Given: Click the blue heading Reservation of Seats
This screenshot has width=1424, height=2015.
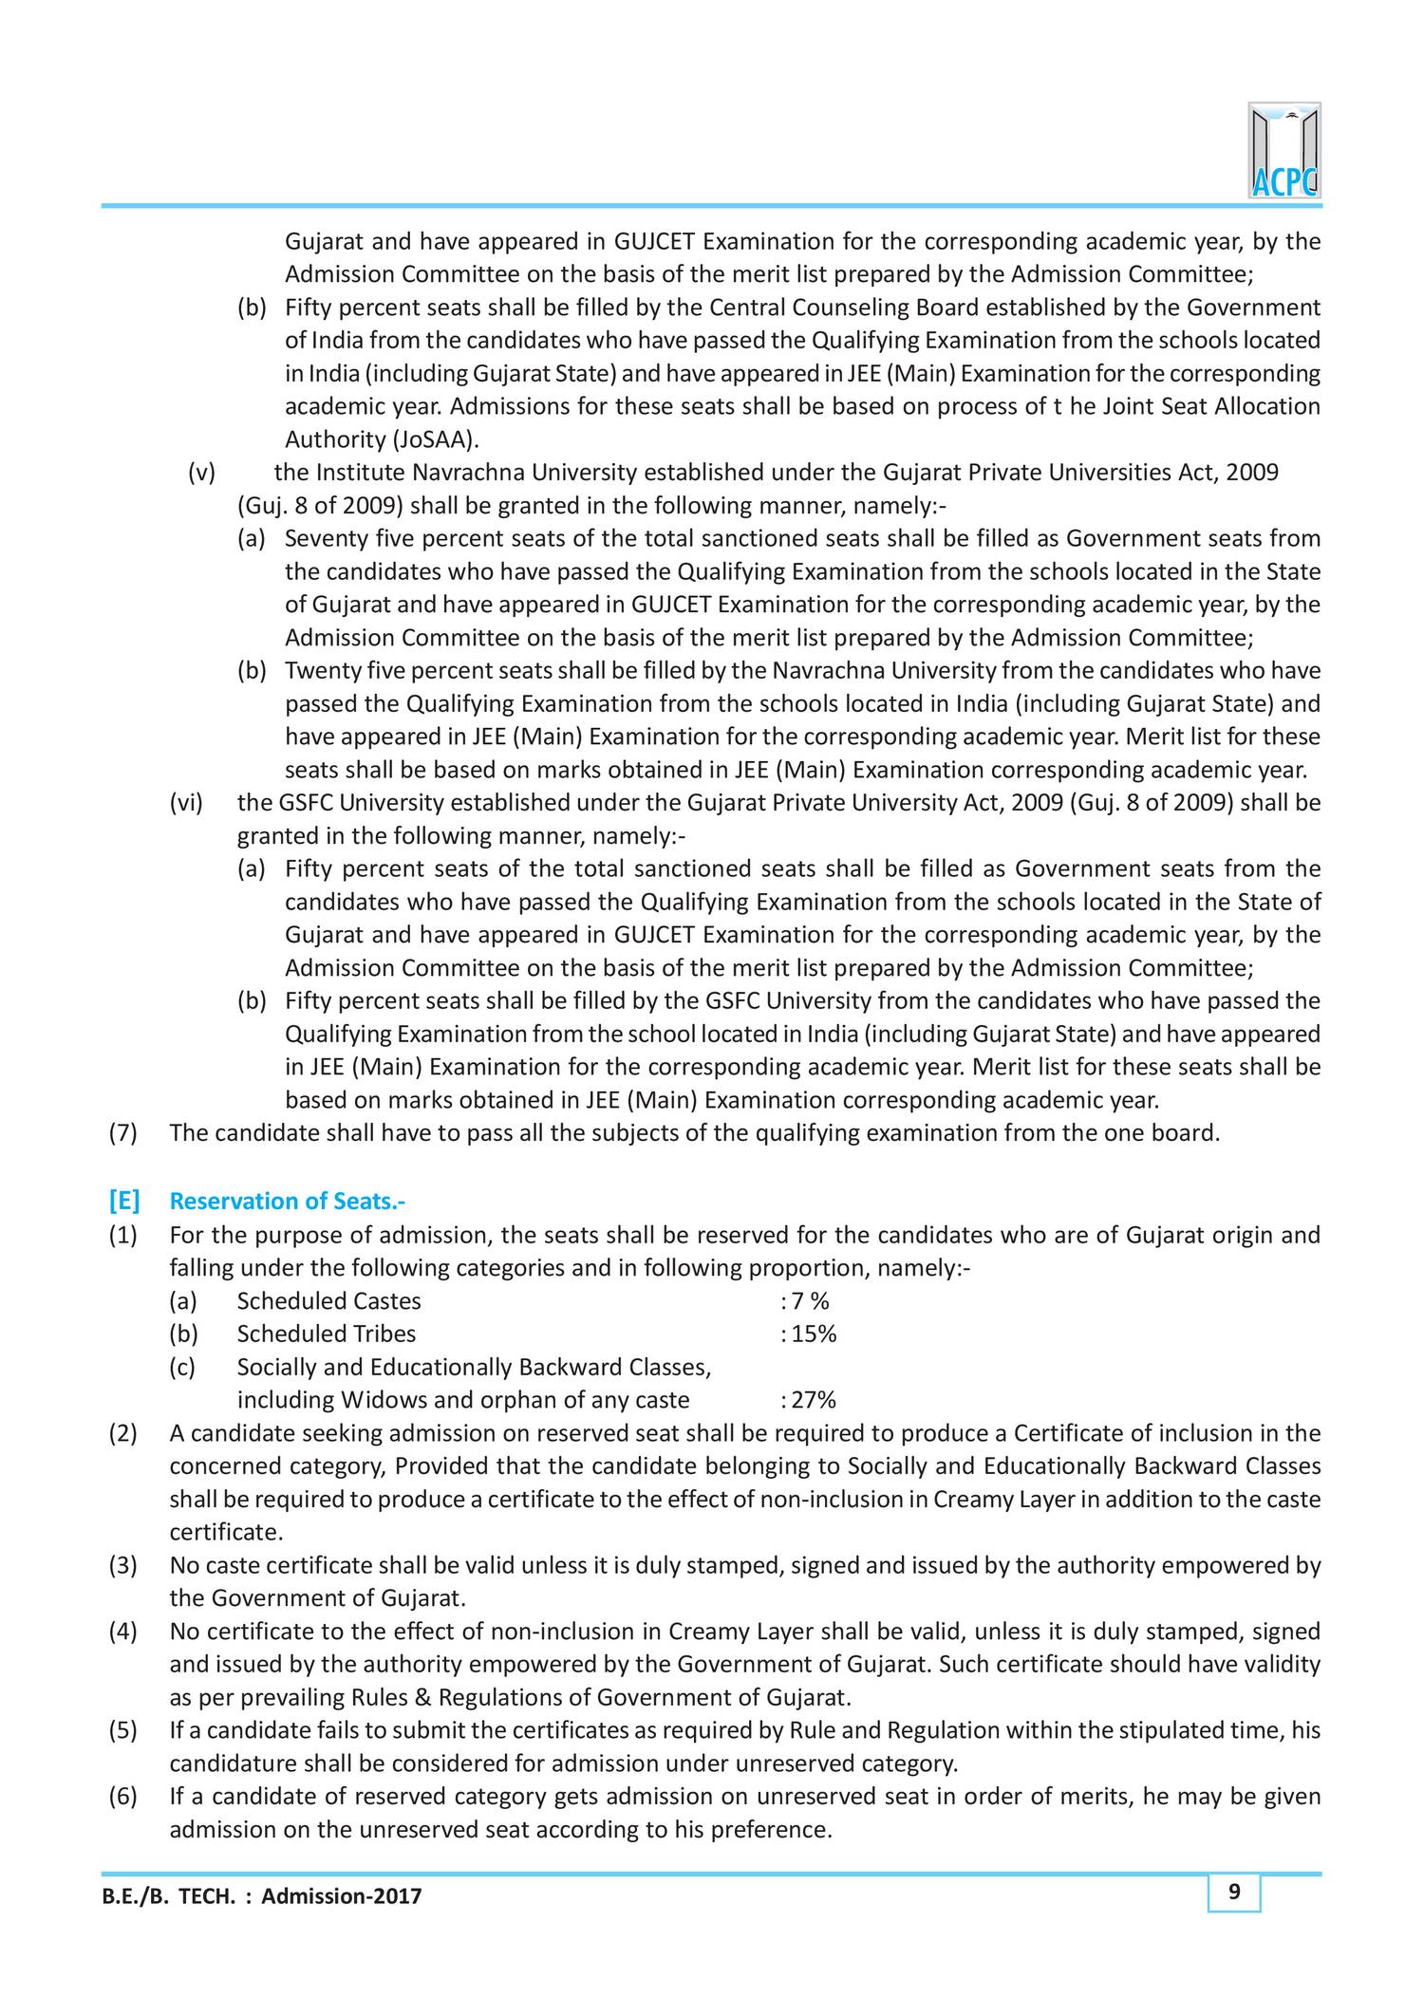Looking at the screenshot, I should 287,1202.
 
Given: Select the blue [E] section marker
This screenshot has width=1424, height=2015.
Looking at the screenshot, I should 123,1202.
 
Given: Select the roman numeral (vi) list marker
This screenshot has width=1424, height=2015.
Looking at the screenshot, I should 187,803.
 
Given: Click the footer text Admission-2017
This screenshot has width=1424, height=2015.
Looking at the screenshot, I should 342,1897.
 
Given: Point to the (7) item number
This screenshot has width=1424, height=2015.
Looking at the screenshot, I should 123,1133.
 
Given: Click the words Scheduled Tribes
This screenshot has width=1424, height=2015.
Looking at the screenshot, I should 326,1334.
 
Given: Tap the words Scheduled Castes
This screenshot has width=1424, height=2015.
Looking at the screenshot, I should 328,1301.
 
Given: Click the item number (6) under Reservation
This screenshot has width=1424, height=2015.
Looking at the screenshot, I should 123,1797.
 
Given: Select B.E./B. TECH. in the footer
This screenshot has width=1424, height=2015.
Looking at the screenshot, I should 166,1897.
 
